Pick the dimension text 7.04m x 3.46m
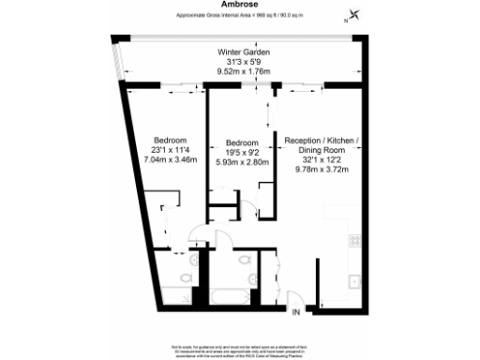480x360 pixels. [x=169, y=158]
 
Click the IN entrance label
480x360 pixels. [x=295, y=310]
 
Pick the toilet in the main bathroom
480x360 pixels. [x=243, y=262]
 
